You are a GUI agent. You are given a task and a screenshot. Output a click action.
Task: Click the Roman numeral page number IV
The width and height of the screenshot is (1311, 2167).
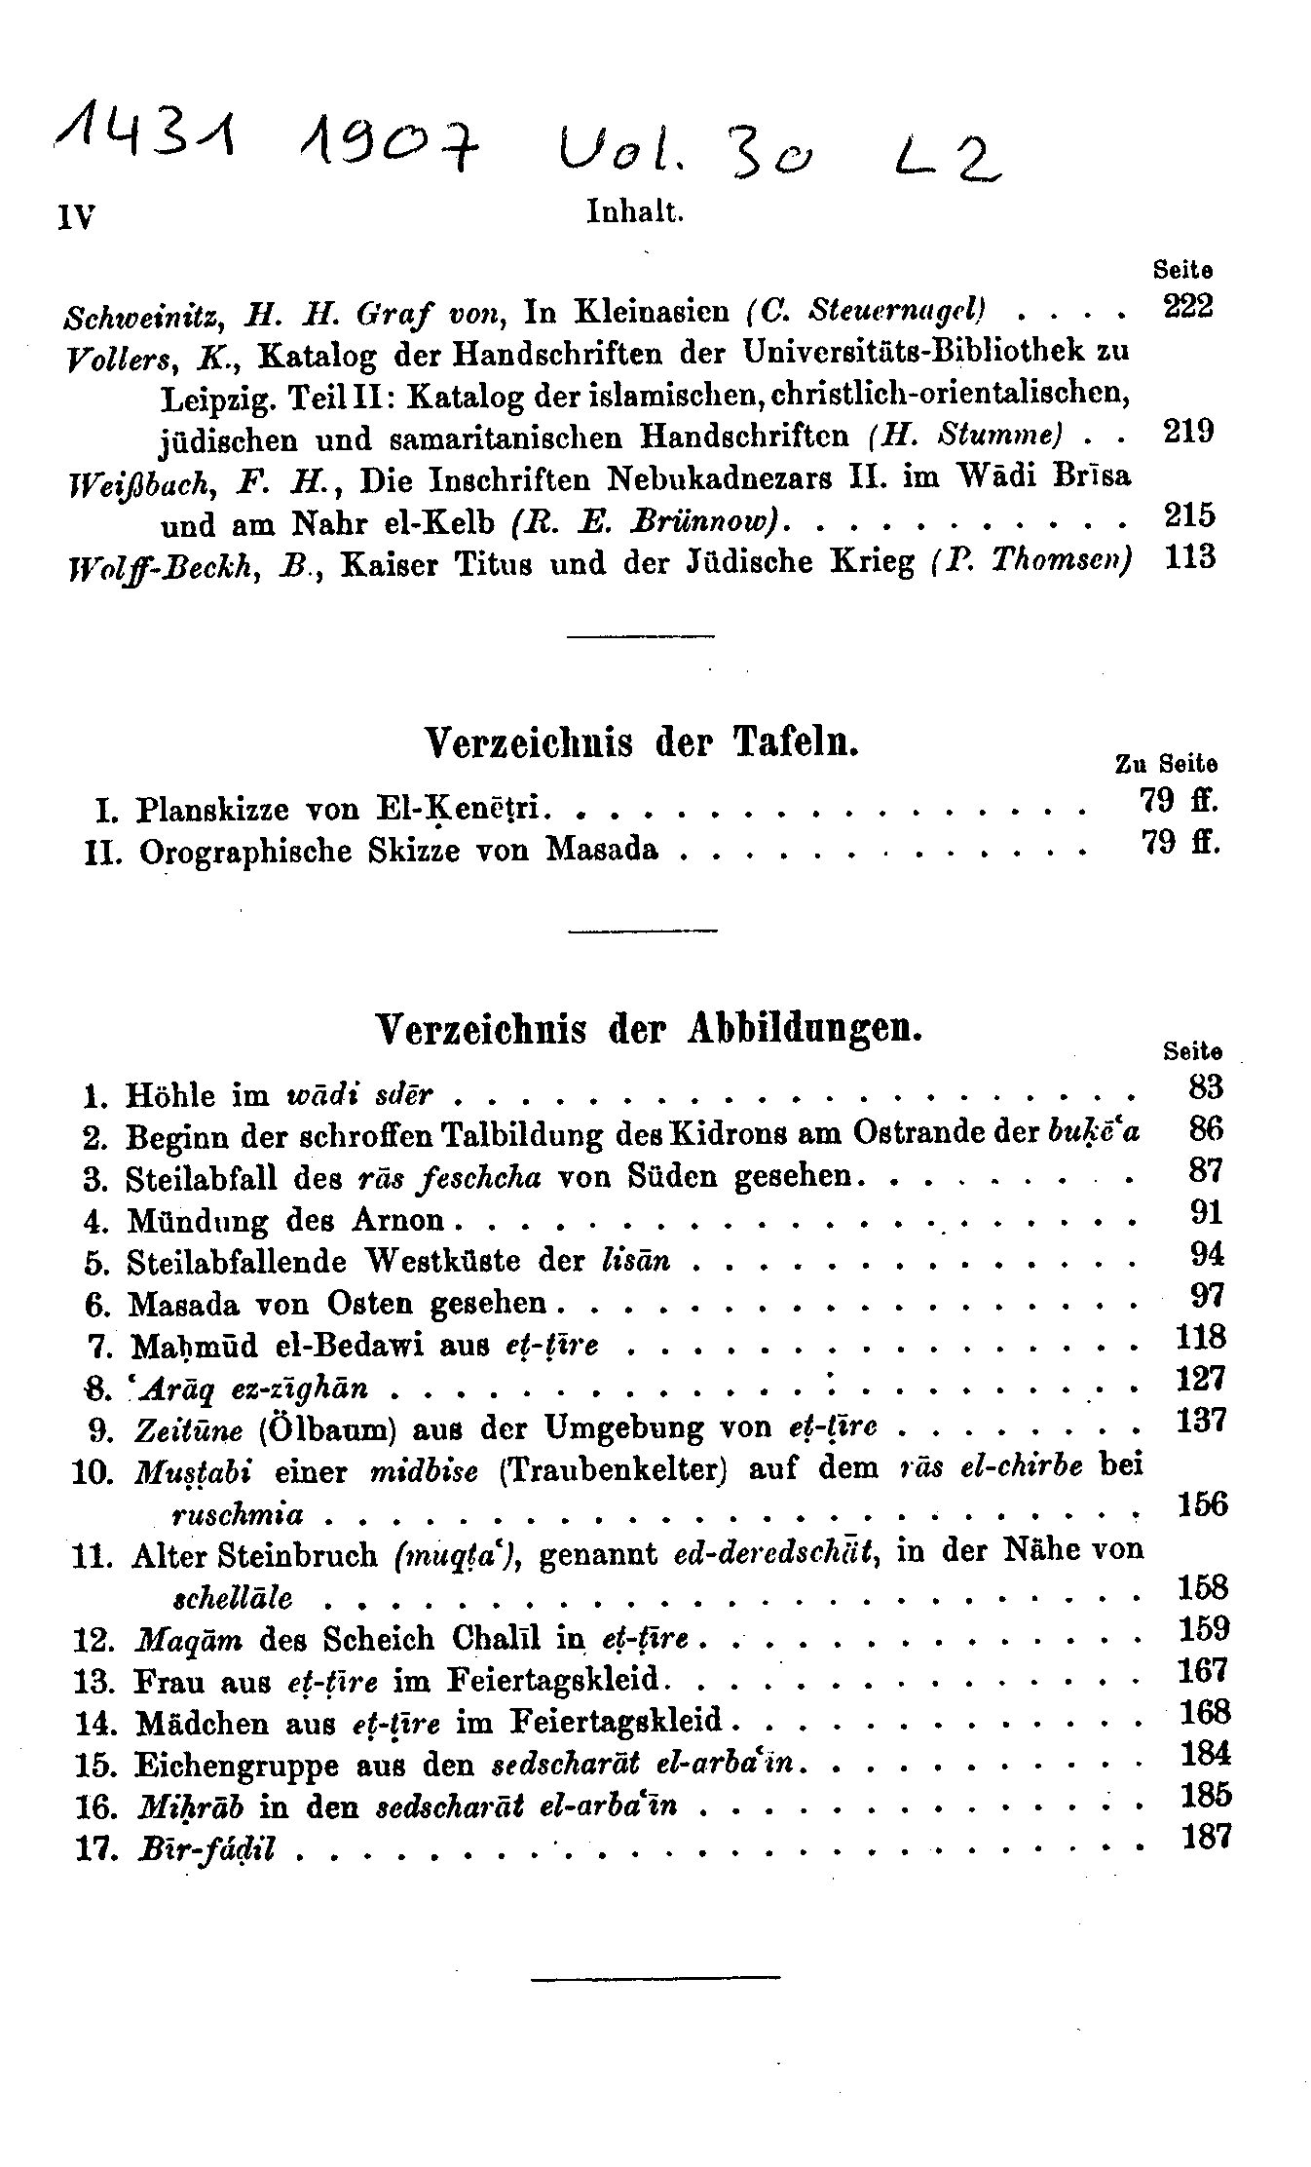[x=74, y=216]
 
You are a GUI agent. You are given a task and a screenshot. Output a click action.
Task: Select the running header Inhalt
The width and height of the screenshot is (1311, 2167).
[x=636, y=211]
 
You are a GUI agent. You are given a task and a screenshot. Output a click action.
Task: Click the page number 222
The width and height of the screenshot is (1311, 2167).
[x=1188, y=308]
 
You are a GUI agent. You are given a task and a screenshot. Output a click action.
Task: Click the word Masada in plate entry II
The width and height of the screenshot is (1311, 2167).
[x=601, y=850]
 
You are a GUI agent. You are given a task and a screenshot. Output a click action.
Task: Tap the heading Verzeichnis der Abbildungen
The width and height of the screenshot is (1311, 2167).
[x=648, y=1028]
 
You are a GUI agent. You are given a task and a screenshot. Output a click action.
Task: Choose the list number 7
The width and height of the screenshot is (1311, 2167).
[x=95, y=1347]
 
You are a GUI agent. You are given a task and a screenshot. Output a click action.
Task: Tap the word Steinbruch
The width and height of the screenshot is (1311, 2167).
[x=288, y=1554]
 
